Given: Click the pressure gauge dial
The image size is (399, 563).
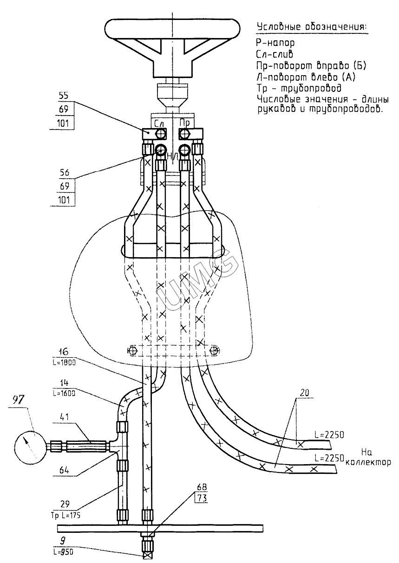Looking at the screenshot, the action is click(x=31, y=447).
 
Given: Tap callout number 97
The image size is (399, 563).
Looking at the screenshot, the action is click(x=20, y=400).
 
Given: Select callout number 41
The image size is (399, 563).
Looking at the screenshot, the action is click(x=65, y=417).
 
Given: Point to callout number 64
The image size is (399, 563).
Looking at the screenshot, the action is click(x=64, y=470).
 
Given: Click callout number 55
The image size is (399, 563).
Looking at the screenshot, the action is click(x=64, y=96).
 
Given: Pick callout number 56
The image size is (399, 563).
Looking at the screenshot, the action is click(x=65, y=173).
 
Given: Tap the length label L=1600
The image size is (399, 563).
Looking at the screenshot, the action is click(x=64, y=393).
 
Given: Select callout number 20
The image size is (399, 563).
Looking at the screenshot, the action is click(x=304, y=393).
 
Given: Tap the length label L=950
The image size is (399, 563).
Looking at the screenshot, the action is click(x=63, y=550).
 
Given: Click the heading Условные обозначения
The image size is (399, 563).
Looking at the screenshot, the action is click(x=312, y=26).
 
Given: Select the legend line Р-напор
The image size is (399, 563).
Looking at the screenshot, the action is click(x=275, y=43).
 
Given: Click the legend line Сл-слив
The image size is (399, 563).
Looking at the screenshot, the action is click(x=275, y=54).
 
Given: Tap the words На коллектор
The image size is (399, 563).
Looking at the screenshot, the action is click(x=368, y=458).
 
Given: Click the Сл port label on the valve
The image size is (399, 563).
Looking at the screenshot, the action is click(x=159, y=123).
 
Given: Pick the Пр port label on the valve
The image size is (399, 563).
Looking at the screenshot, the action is click(x=184, y=123).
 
